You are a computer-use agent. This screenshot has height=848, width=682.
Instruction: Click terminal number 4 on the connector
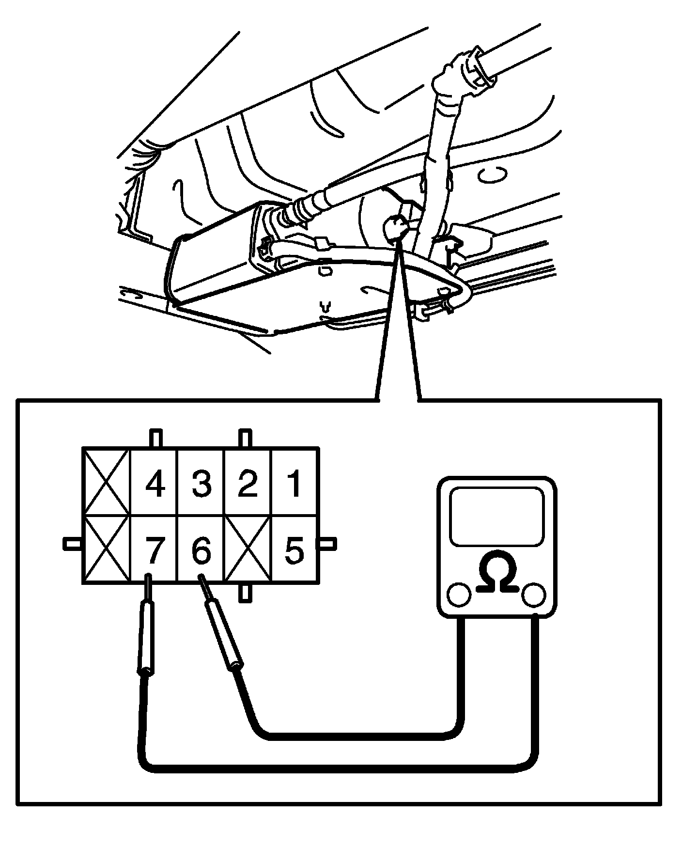pyautogui.click(x=155, y=484)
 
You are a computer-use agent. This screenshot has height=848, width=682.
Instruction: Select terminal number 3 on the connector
pyautogui.click(x=201, y=484)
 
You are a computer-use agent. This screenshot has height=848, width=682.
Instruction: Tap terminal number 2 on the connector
pyautogui.click(x=248, y=484)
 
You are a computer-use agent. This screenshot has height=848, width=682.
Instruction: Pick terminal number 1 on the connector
pyautogui.click(x=294, y=484)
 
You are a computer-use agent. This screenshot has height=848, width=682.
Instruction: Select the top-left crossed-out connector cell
pyautogui.click(x=107, y=482)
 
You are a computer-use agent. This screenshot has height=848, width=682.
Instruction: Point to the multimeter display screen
pyautogui.click(x=496, y=516)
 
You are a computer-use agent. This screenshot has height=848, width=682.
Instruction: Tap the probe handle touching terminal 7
pyautogui.click(x=146, y=637)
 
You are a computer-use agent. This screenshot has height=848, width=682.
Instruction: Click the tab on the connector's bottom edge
pyautogui.click(x=246, y=593)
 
